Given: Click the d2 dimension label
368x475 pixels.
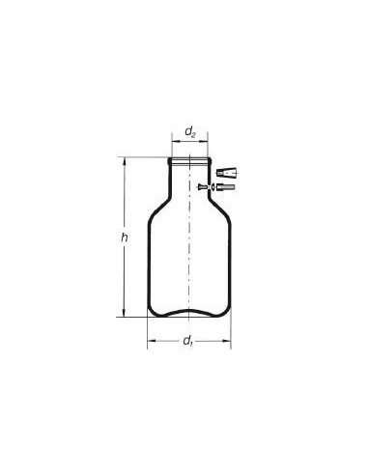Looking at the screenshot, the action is click(x=190, y=132).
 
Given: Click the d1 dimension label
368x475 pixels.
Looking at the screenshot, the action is click(x=187, y=341).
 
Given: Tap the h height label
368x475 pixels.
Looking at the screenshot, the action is click(x=125, y=238).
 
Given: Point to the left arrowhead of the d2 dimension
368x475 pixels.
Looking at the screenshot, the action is click(x=175, y=141).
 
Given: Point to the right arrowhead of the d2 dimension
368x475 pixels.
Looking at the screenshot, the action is click(x=205, y=141).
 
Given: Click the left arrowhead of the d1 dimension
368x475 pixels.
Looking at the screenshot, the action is click(x=151, y=341).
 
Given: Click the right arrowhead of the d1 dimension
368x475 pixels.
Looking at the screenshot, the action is click(x=227, y=341).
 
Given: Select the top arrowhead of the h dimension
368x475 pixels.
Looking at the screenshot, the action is click(x=124, y=161).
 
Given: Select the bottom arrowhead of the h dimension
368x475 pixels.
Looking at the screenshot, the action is click(x=124, y=313).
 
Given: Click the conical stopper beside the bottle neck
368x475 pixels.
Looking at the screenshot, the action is click(x=227, y=173).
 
